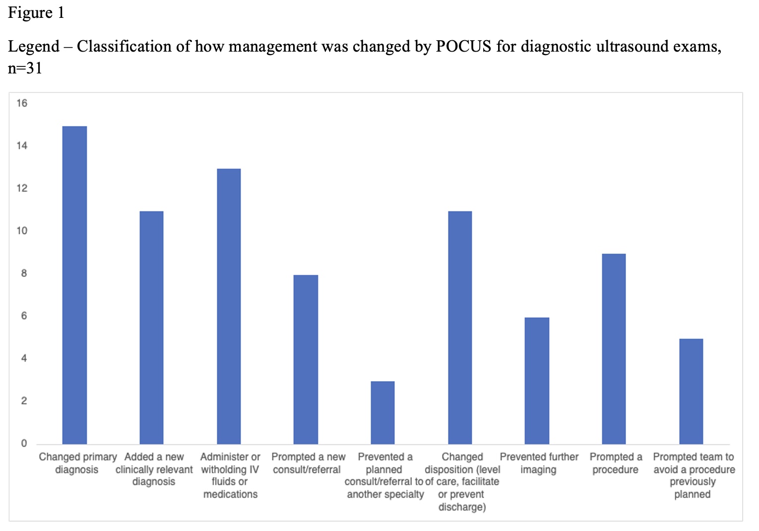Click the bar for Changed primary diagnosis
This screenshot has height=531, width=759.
pyautogui.click(x=74, y=285)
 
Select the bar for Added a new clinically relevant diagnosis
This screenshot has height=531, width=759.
pyautogui.click(x=151, y=328)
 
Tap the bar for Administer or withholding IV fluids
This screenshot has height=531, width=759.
pyautogui.click(x=229, y=306)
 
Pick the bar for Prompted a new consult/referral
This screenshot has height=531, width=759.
pyautogui.click(x=306, y=359)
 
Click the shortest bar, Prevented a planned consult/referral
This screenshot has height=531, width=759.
pyautogui.click(x=382, y=412)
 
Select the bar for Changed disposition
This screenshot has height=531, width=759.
pyautogui.click(x=460, y=328)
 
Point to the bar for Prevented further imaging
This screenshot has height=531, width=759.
pyautogui.click(x=537, y=381)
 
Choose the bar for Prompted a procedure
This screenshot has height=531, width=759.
pyautogui.click(x=614, y=349)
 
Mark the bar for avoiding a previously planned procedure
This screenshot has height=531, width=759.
pyautogui.click(x=691, y=391)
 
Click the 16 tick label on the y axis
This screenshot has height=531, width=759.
pyautogui.click(x=22, y=103)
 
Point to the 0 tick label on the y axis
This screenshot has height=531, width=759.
pyautogui.click(x=24, y=444)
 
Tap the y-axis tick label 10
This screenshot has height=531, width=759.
pyautogui.click(x=22, y=231)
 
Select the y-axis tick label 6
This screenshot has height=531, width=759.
pyautogui.click(x=24, y=316)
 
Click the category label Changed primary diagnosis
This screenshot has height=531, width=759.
pyautogui.click(x=77, y=463)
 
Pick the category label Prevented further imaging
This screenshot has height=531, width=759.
pyautogui.click(x=539, y=463)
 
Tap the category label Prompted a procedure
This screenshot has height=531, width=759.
pyautogui.click(x=616, y=463)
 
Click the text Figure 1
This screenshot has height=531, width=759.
pyautogui.click(x=36, y=12)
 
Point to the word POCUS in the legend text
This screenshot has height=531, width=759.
pyautogui.click(x=463, y=46)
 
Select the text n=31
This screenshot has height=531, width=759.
pyautogui.click(x=25, y=67)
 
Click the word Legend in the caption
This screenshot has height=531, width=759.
pyautogui.click(x=33, y=46)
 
